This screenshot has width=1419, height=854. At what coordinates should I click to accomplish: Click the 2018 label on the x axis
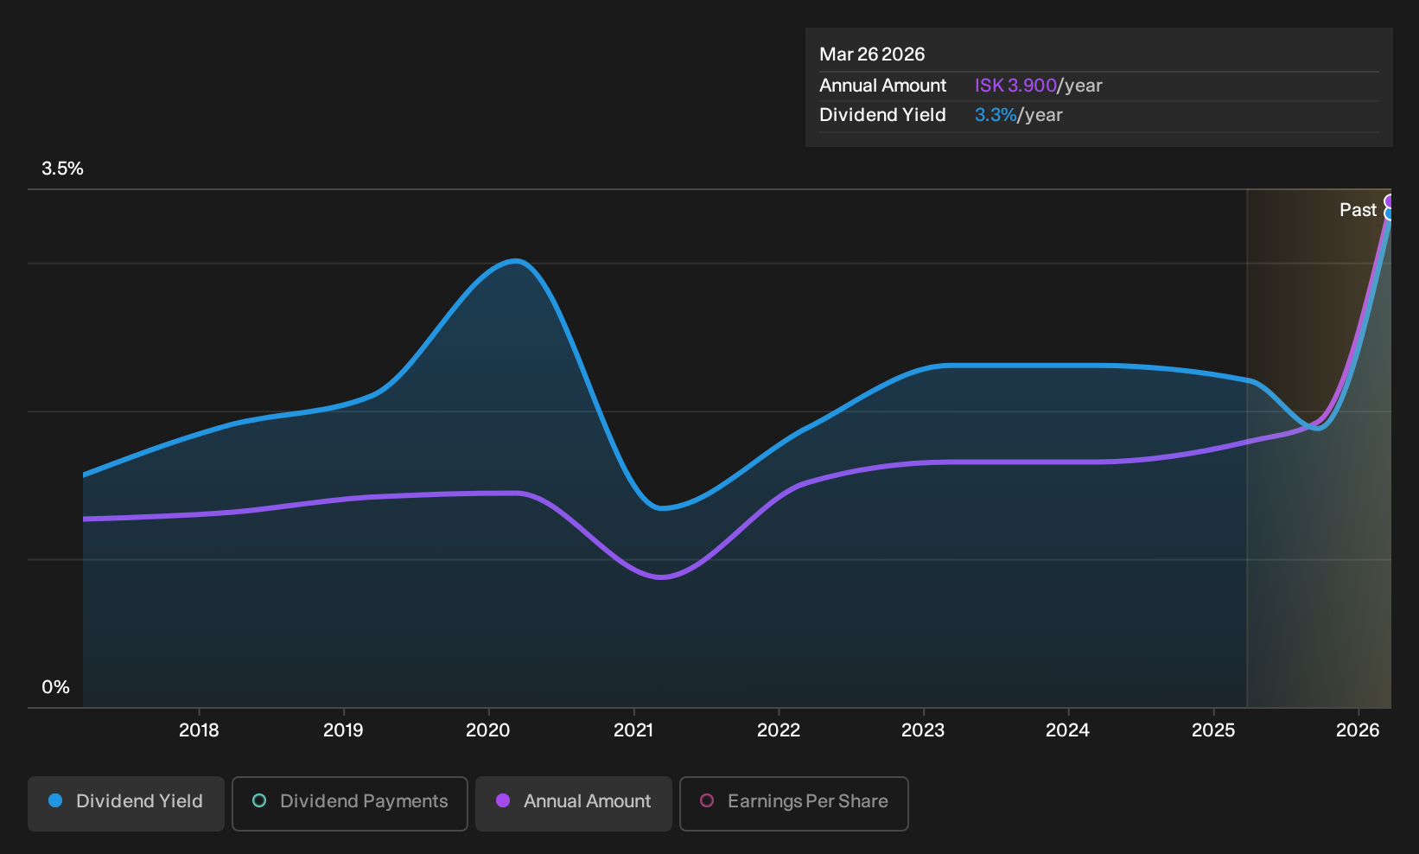pyautogui.click(x=199, y=730)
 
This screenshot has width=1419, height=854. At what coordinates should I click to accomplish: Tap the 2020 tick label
pyautogui.click(x=487, y=730)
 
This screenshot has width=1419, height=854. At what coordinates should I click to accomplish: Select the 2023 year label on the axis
pyautogui.click(x=923, y=730)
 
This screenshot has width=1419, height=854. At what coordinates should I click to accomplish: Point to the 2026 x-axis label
pyautogui.click(x=1358, y=730)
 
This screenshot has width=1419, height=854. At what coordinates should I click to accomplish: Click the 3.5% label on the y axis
pyautogui.click(x=62, y=169)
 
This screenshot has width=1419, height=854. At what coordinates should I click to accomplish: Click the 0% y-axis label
pyautogui.click(x=56, y=687)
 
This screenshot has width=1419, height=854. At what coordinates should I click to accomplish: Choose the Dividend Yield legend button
pyautogui.click(x=126, y=803)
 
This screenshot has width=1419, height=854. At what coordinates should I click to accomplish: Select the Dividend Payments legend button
pyautogui.click(x=350, y=803)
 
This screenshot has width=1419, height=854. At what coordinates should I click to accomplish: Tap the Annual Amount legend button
pyautogui.click(x=573, y=803)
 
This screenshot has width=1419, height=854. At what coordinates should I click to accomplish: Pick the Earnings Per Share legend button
pyautogui.click(x=793, y=803)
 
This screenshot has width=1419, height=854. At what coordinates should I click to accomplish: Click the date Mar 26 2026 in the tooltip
pyautogui.click(x=872, y=54)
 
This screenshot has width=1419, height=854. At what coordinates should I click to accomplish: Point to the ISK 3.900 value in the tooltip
pyautogui.click(x=1015, y=86)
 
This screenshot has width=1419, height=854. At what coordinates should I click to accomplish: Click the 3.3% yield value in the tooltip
pyautogui.click(x=996, y=115)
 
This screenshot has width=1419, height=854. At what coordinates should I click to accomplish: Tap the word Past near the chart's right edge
pyautogui.click(x=1358, y=210)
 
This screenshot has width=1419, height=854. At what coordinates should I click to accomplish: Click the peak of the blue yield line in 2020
pyautogui.click(x=517, y=260)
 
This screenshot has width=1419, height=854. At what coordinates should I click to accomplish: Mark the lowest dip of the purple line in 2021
pyautogui.click(x=661, y=577)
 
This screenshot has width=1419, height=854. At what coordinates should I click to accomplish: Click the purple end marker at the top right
pyautogui.click(x=1388, y=201)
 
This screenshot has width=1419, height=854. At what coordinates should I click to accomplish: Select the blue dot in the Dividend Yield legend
pyautogui.click(x=56, y=800)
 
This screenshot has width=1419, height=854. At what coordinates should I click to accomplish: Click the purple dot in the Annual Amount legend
pyautogui.click(x=503, y=800)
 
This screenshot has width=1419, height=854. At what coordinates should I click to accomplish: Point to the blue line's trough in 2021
pyautogui.click(x=661, y=508)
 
